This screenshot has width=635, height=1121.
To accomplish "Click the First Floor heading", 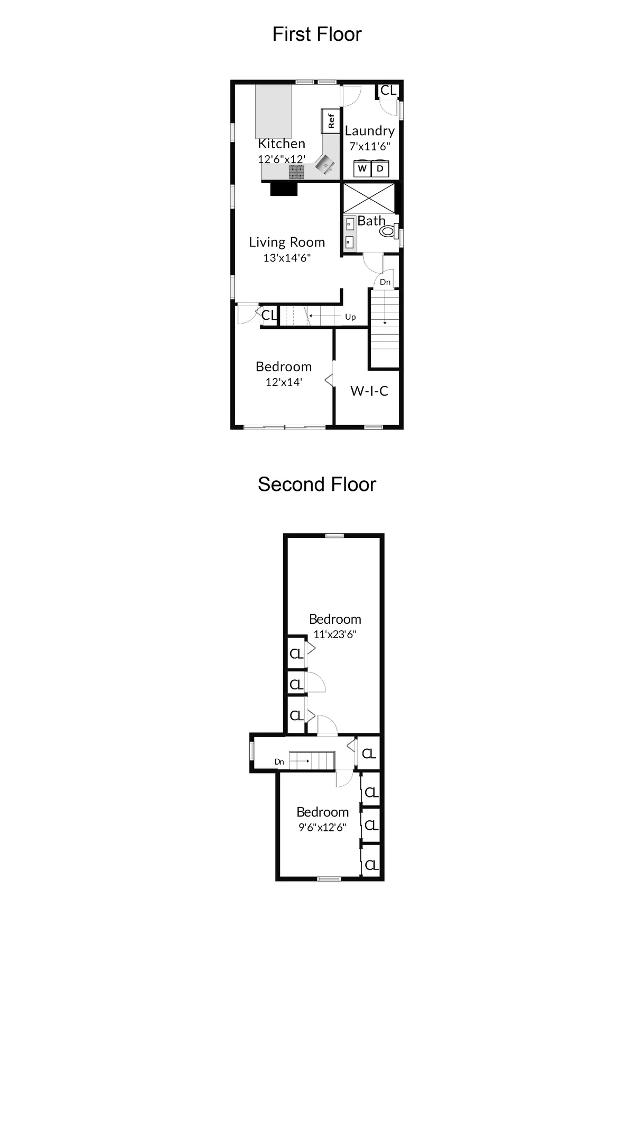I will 317,34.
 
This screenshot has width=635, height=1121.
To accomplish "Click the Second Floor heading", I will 317,485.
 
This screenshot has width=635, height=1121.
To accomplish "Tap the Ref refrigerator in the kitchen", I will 330,121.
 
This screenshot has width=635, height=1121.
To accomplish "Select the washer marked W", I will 362,169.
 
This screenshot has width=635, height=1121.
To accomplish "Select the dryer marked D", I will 380,169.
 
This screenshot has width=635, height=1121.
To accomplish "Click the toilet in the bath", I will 389,231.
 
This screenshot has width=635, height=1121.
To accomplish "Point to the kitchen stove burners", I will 297,171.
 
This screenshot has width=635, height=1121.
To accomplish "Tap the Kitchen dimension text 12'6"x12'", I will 282,159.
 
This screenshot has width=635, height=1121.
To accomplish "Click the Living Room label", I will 287,243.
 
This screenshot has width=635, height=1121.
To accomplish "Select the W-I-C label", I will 369,391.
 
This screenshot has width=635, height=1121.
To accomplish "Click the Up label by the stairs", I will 350,317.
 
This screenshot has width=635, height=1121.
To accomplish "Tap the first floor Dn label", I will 385,282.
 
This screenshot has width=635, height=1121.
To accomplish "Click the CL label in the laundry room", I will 388,91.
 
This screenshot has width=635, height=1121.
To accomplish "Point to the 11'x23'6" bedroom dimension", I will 335,634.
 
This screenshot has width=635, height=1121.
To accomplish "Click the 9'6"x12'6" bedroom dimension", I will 322,828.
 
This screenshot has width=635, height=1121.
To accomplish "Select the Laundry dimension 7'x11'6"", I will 370,146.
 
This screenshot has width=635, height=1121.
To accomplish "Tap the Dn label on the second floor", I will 279,762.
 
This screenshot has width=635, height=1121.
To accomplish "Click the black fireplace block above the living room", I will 284,189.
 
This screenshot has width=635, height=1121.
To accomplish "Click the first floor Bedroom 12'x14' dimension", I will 284,382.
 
